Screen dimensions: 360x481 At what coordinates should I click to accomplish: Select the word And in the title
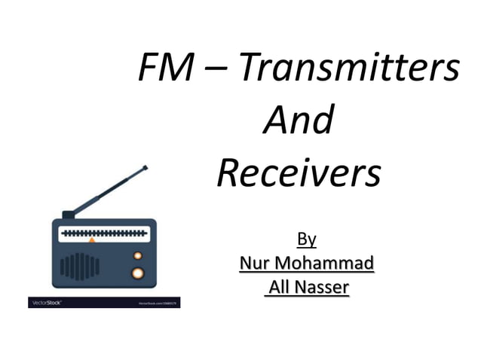(299, 121)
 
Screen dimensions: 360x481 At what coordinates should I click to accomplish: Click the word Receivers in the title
(299, 174)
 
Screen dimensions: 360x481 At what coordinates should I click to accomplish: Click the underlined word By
(306, 239)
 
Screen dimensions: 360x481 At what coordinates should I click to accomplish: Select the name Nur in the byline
(255, 263)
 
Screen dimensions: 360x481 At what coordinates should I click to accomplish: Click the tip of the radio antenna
(145, 168)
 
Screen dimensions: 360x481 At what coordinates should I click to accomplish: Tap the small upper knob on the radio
(138, 256)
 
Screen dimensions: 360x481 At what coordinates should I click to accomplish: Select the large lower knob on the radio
(137, 273)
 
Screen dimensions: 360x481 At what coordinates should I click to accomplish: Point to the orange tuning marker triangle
(92, 240)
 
